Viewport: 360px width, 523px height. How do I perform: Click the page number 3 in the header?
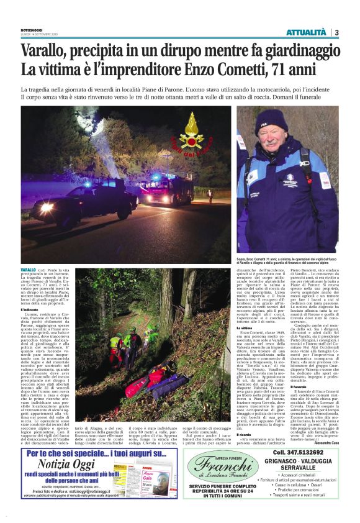[335, 32]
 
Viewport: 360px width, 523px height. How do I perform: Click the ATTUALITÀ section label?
[306, 32]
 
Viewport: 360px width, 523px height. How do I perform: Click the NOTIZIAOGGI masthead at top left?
[34, 28]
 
